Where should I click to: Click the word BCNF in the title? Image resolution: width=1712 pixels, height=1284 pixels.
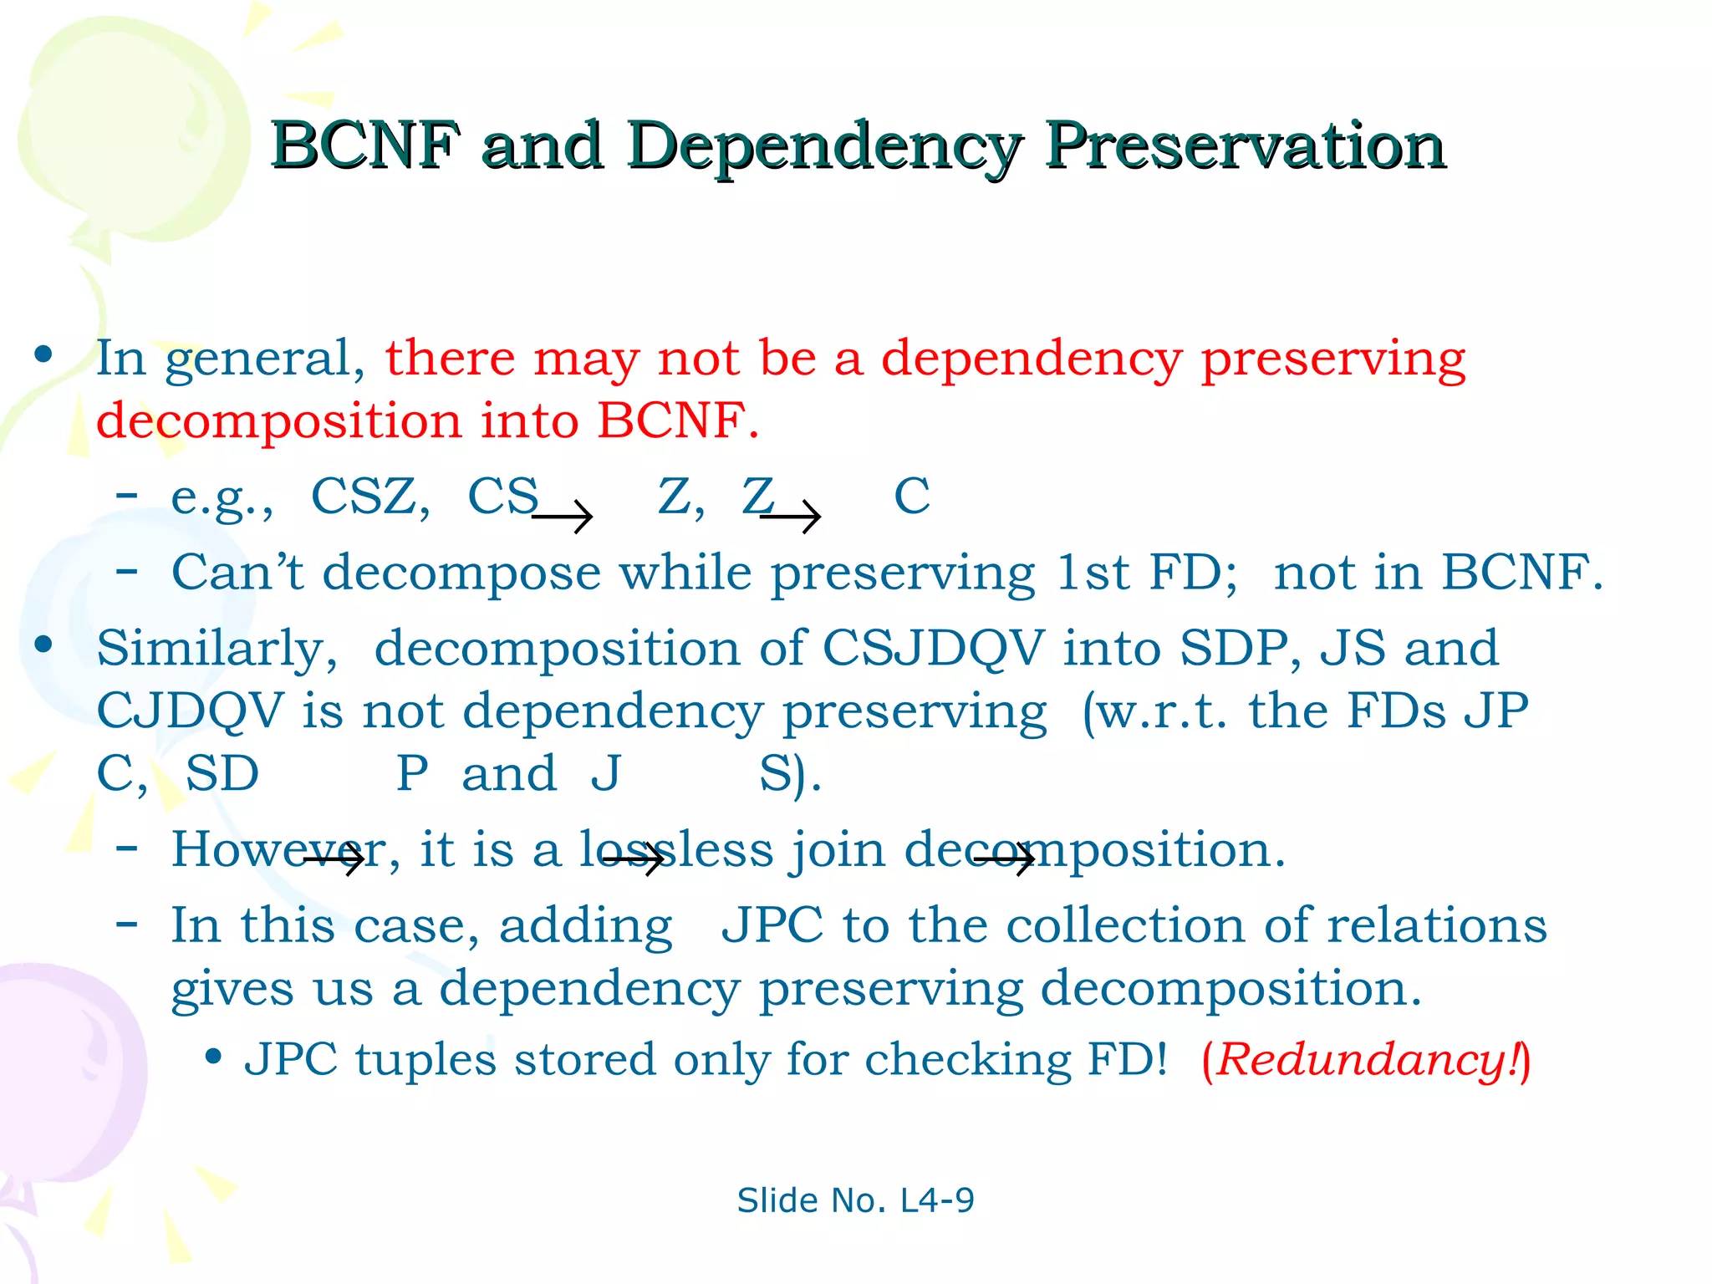(365, 145)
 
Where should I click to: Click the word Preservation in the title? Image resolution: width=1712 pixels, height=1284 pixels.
(1245, 145)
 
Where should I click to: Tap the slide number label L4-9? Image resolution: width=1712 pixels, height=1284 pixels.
(936, 1200)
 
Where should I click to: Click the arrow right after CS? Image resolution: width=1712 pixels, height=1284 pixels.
(563, 517)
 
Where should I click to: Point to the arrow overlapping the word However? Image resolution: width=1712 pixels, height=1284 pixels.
(334, 859)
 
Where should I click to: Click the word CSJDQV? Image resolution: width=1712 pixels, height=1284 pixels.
(933, 648)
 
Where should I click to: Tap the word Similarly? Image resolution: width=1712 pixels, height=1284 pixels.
(217, 650)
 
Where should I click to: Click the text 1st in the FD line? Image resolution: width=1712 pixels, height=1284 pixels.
(1093, 573)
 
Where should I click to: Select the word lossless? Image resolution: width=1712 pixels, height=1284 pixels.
(677, 850)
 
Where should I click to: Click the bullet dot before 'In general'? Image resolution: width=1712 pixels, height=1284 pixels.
(43, 354)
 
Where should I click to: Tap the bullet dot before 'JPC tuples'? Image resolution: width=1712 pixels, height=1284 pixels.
(214, 1057)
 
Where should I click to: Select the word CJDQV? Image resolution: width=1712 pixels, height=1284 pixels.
(190, 711)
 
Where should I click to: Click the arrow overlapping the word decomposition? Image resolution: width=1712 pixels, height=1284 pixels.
(1004, 859)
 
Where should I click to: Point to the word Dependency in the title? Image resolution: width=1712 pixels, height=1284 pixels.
(823, 147)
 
